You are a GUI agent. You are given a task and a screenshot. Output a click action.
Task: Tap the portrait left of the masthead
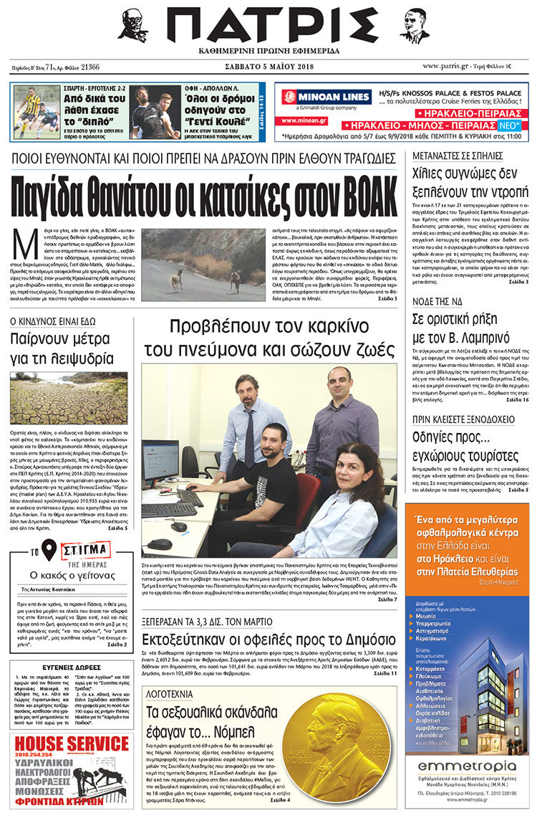[x=133, y=26]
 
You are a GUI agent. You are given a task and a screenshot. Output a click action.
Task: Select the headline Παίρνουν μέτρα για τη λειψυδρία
[x=62, y=349]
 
